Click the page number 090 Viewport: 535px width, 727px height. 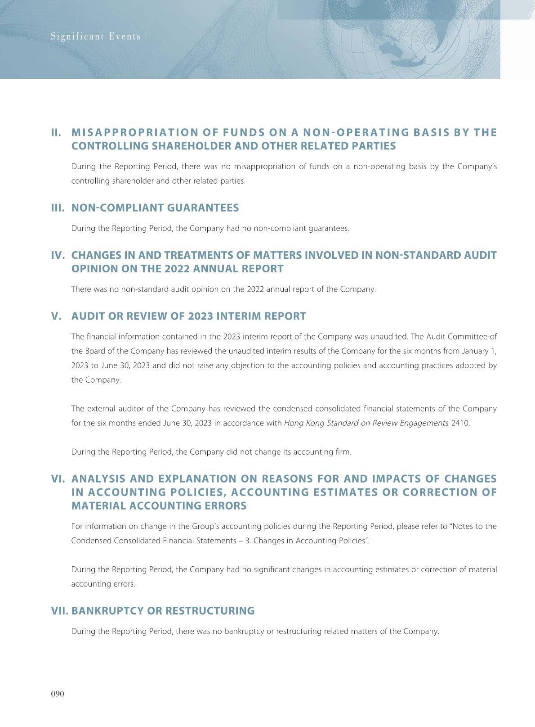coord(58,694)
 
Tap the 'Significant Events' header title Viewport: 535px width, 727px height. coord(95,36)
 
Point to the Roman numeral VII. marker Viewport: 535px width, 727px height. coord(60,611)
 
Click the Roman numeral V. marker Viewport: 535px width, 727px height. coord(56,316)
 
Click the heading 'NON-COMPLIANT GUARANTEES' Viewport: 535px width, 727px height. coord(155,208)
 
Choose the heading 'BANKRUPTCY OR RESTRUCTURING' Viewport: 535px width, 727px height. coord(163,611)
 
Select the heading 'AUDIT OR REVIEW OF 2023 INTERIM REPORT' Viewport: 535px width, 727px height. coord(188,316)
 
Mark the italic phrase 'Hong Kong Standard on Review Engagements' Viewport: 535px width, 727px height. coord(366,423)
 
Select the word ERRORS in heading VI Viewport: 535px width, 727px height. coord(224,506)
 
